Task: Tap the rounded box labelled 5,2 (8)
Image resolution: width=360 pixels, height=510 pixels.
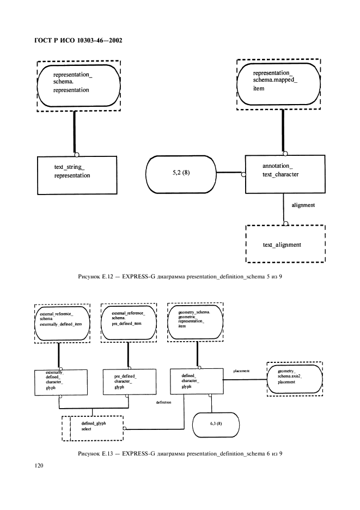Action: tap(181, 174)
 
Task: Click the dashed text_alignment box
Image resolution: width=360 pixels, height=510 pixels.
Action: tap(285, 245)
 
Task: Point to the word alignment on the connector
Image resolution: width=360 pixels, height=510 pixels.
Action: tap(303, 205)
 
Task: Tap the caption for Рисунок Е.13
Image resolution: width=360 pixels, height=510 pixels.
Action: tap(180, 453)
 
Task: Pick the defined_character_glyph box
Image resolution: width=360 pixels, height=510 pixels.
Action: tap(196, 381)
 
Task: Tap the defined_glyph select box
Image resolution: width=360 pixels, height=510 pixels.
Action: tap(94, 426)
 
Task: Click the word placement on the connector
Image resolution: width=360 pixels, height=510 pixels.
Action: tap(241, 371)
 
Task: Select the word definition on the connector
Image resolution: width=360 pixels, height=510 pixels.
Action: tap(163, 402)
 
